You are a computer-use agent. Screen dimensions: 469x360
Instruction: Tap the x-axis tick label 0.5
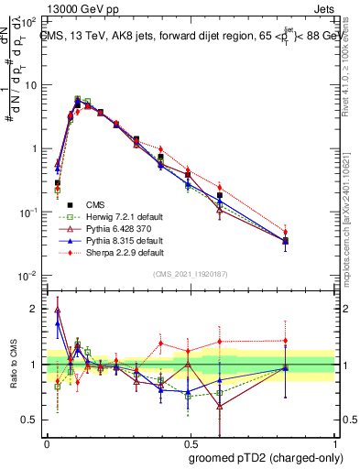tap(188, 442)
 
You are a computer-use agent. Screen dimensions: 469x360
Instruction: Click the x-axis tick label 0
tap(47, 442)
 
